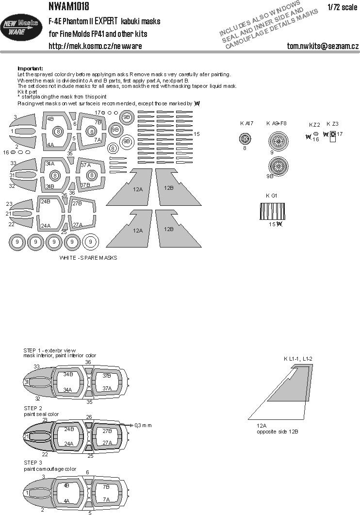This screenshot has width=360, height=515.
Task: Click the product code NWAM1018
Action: [70, 7]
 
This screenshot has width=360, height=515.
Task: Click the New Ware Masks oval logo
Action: [22, 31]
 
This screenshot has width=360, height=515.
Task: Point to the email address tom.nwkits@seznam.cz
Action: [323, 46]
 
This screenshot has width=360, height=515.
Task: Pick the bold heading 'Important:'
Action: [30, 68]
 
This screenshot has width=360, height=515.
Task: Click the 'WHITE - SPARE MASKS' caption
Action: [88, 258]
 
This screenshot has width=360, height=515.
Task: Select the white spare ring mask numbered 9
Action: [91, 241]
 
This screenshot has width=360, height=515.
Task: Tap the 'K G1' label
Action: [272, 195]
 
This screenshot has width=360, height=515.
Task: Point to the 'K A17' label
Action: [246, 124]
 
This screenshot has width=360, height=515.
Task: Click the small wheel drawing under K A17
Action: [245, 140]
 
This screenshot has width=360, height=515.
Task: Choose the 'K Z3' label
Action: [332, 124]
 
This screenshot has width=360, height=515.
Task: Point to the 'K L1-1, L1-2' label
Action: [298, 359]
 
